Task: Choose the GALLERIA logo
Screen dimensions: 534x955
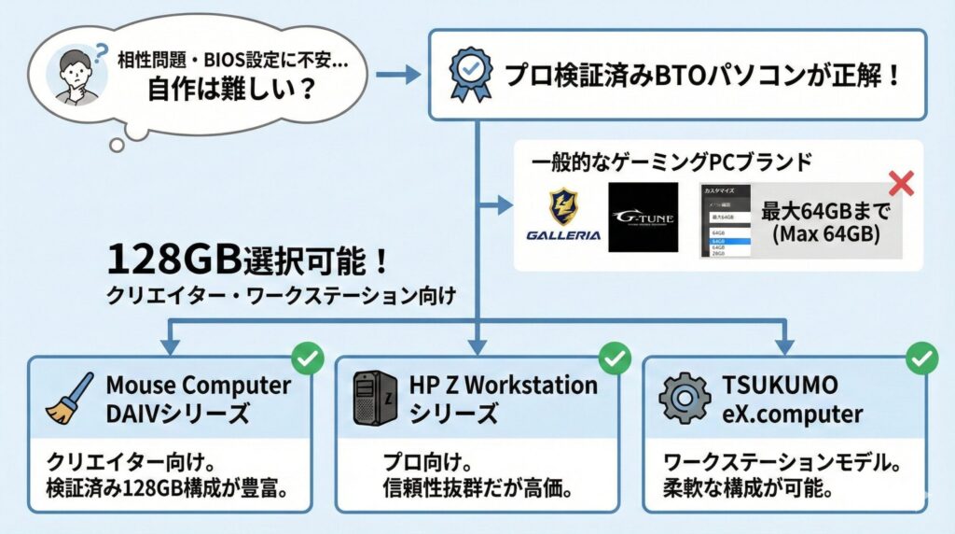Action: pos(563,217)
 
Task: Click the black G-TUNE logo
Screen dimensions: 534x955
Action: pos(643,217)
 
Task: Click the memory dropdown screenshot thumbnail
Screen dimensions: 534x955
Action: pos(729,220)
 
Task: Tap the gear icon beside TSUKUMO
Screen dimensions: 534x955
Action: pos(684,399)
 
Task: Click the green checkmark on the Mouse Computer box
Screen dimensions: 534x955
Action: pos(307,357)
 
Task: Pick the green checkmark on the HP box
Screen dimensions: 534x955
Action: pos(614,357)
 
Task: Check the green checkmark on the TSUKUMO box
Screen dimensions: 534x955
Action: pos(922,357)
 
